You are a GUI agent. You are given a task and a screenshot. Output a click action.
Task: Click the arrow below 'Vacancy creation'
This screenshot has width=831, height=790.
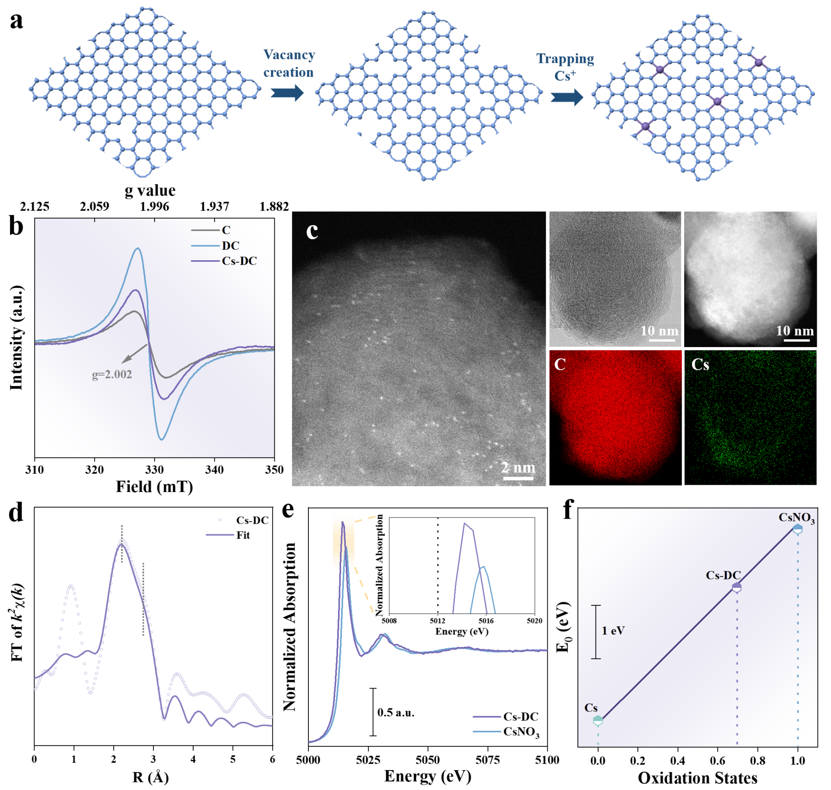[287, 93]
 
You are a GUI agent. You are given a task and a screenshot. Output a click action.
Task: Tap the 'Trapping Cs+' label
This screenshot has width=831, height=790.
[565, 67]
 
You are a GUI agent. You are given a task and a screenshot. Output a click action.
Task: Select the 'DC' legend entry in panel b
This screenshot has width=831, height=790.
[230, 246]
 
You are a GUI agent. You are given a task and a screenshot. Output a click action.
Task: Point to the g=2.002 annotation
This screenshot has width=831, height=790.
[112, 374]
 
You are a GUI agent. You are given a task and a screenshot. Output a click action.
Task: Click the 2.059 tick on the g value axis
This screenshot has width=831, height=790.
[94, 206]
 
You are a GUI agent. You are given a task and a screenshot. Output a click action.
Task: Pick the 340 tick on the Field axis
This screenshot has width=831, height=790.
[214, 470]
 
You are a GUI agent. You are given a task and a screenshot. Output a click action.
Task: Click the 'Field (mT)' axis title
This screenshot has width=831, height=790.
[155, 487]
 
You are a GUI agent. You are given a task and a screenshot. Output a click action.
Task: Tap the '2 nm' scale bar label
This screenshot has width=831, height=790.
[518, 467]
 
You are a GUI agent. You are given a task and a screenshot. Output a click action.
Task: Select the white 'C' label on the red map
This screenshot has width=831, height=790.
[560, 365]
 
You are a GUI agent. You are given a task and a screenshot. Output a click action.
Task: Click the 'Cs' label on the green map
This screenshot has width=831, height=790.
[700, 365]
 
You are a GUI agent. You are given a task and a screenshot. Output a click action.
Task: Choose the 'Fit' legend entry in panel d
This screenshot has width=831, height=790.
[243, 535]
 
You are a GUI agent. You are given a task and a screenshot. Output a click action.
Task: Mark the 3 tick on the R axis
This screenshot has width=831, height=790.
[153, 759]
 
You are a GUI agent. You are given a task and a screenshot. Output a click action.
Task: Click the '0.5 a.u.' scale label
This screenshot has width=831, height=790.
[396, 712]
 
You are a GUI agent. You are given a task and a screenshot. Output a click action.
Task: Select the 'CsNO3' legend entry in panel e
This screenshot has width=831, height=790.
[521, 732]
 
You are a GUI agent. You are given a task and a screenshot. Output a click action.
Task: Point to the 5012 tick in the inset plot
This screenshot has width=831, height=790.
[438, 621]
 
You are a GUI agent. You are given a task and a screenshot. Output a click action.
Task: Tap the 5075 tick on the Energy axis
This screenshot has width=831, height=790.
[488, 760]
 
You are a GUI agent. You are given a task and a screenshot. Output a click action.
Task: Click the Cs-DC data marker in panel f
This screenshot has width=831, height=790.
[737, 587]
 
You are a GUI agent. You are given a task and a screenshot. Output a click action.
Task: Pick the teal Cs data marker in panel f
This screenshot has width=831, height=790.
[598, 721]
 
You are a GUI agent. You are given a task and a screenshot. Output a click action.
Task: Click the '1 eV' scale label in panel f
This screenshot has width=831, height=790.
[613, 631]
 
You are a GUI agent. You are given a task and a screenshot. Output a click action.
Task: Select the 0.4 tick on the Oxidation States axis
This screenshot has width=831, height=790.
[677, 760]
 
